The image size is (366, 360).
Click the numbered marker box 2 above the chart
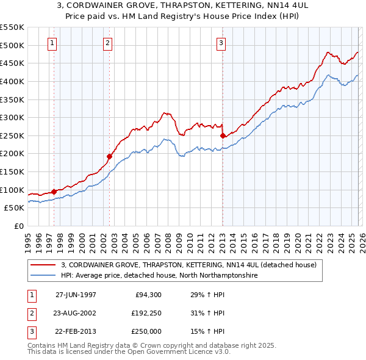pyautogui.click(x=107, y=43)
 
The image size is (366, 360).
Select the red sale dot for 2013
pyautogui.click(x=223, y=135)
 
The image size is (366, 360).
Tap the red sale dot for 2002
pyautogui.click(x=110, y=156)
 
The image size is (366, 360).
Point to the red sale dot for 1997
pyautogui.click(x=54, y=192)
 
